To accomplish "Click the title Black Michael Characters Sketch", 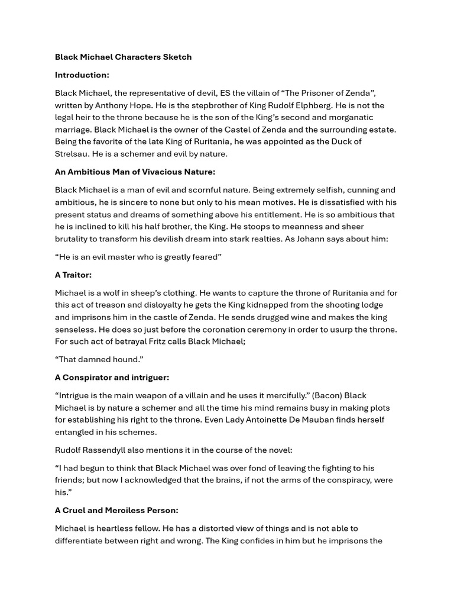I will (123, 57).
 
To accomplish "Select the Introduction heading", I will (82, 75).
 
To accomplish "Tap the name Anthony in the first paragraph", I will (111, 105).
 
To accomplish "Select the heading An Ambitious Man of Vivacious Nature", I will (135, 172).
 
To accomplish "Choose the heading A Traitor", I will (73, 275).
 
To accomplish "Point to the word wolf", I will (115, 292).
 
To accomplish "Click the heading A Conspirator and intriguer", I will (112, 377).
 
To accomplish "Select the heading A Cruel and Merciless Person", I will (116, 510).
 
